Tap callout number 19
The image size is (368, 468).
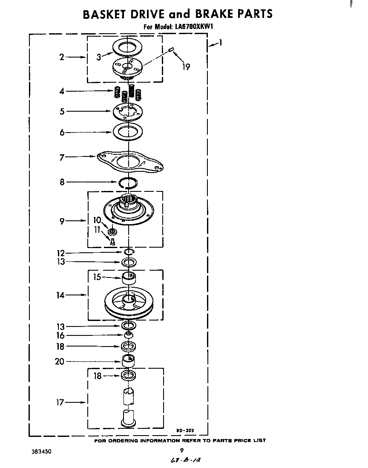(186, 66)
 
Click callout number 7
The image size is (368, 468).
(62, 158)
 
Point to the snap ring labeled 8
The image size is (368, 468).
(128, 183)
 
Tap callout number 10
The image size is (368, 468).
(97, 220)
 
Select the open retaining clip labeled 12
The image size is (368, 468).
(129, 252)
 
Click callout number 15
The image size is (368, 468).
(97, 277)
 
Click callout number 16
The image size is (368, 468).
(61, 336)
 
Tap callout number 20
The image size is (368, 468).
(60, 361)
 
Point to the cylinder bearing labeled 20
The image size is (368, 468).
(128, 360)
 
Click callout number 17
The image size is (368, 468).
(60, 402)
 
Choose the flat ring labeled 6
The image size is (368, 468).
(128, 132)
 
